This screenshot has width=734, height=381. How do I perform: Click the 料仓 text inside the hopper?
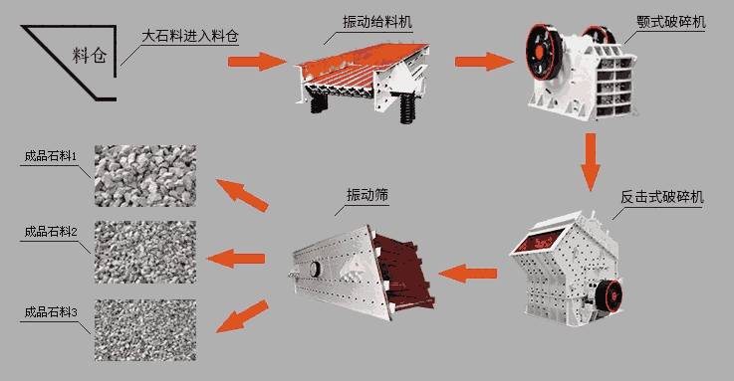(x=89, y=55)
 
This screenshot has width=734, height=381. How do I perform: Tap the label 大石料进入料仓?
(x=190, y=36)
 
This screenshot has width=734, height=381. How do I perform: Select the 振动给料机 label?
(x=377, y=22)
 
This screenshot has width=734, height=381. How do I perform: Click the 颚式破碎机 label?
(x=671, y=22)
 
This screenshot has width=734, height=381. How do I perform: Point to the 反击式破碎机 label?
(x=662, y=197)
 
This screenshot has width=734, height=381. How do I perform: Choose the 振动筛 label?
(x=367, y=195)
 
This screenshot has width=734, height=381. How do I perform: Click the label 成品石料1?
(x=50, y=155)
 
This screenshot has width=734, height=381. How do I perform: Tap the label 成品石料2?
(x=50, y=232)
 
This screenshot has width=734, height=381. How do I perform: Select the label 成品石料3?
(x=50, y=311)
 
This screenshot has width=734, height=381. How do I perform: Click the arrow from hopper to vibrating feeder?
(x=257, y=62)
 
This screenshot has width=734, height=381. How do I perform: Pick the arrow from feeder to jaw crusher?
(x=484, y=62)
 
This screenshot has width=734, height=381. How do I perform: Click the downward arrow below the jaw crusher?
(x=591, y=162)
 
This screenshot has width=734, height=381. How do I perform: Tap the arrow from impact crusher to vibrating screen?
(x=468, y=273)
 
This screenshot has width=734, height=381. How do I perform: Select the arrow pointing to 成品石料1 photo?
(x=241, y=195)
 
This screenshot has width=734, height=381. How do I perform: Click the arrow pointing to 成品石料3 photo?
(x=242, y=316)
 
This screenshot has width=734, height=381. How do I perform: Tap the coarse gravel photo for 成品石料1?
(x=145, y=176)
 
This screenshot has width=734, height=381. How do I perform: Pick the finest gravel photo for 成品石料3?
(x=145, y=330)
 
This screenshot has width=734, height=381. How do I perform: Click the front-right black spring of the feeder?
(x=406, y=108)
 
